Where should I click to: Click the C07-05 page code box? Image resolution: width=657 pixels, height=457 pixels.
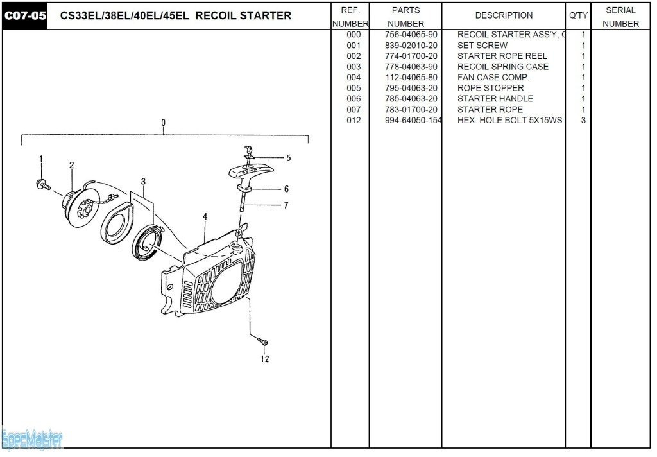(25, 15)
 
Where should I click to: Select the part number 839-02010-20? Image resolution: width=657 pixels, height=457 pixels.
(411, 46)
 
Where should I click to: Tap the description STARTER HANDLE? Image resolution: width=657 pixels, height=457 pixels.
(495, 99)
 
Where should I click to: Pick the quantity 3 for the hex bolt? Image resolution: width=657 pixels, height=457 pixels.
(583, 120)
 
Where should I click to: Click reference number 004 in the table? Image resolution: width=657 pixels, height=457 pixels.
(354, 78)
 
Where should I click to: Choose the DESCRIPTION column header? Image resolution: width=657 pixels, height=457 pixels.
(504, 15)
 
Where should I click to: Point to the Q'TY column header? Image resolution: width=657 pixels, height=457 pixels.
(578, 15)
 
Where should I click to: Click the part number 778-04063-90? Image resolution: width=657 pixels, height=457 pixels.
(411, 67)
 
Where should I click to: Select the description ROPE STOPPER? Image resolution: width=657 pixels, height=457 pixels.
(490, 88)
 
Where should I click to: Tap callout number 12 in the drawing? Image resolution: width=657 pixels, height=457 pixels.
(265, 359)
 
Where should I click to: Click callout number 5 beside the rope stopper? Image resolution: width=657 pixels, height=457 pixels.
(288, 158)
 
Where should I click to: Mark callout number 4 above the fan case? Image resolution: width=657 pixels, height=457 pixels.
(205, 217)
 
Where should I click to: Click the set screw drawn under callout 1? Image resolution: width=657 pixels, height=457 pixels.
(43, 184)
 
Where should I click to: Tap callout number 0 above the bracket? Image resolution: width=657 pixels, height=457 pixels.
(164, 123)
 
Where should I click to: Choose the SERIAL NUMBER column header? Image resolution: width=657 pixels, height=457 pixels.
(620, 17)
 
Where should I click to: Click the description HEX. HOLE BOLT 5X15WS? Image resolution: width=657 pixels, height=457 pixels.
(509, 120)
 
